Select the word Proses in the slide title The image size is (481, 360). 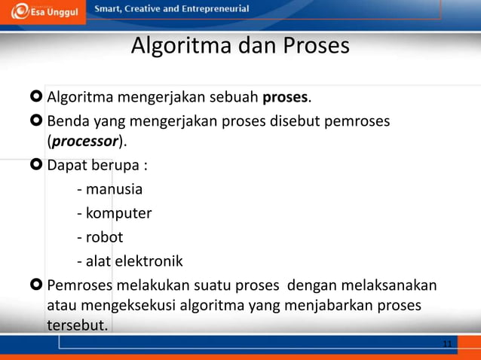coord(317,47)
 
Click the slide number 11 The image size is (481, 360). coord(447,344)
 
